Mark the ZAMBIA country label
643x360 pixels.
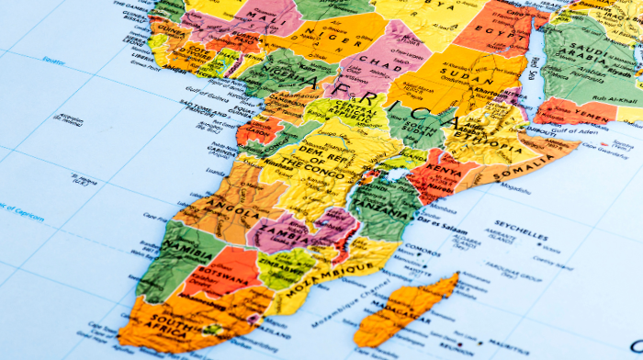pos(277,230)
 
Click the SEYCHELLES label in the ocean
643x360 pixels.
pos(521,224)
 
